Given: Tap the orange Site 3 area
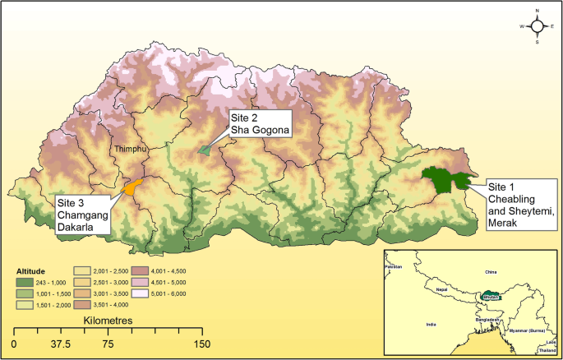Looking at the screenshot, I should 131,187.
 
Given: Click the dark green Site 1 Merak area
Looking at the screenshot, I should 441,180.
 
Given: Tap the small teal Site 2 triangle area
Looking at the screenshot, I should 205,150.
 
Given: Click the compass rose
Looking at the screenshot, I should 538,25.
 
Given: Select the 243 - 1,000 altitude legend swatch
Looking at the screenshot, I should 27,280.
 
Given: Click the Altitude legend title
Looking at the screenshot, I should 32,269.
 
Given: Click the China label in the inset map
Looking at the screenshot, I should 491,270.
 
